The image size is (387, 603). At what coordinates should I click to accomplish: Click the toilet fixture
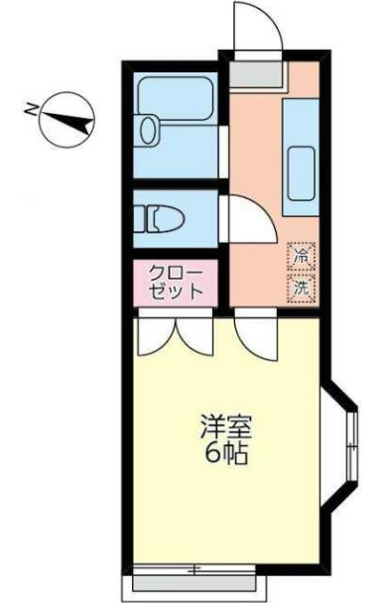159,216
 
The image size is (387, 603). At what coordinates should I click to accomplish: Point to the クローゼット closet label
176,282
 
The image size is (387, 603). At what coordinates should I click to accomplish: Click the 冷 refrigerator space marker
299,256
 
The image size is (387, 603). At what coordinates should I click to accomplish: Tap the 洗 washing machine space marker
299,289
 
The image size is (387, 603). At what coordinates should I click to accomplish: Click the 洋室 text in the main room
226,431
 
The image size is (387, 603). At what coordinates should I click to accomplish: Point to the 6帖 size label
226,458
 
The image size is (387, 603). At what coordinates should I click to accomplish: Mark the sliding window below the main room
194,570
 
